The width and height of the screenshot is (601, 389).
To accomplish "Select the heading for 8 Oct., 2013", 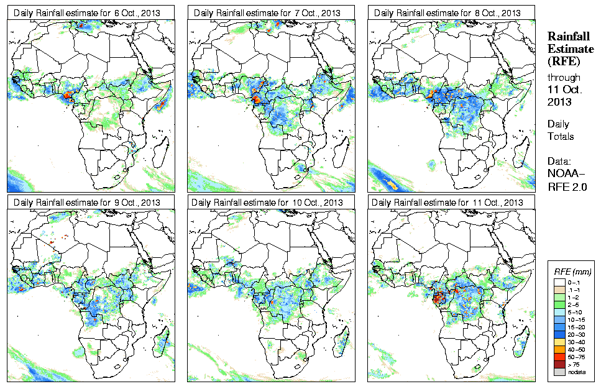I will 447,13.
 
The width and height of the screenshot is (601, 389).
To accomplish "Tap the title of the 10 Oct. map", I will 267,203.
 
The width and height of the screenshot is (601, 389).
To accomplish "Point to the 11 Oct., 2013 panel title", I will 448,203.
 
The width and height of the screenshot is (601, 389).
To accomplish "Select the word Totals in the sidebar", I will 561,136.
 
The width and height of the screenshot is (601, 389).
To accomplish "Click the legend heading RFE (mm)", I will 572,272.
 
